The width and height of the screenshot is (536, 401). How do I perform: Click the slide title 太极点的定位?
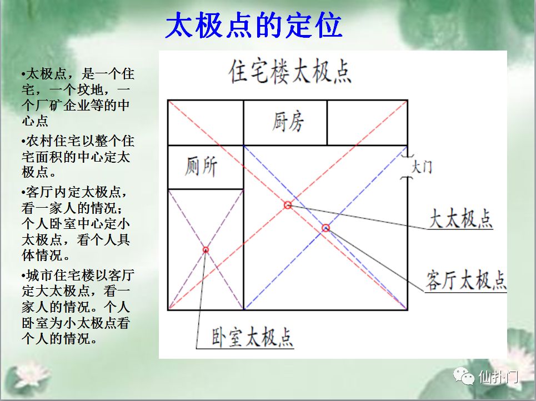point(253,25)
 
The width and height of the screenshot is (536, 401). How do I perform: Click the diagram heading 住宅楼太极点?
point(290,72)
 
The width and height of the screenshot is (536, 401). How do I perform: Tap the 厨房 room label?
point(288,122)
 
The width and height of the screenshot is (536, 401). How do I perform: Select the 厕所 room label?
point(201,167)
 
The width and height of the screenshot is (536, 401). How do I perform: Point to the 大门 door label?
point(422,167)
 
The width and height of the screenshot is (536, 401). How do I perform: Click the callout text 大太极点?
point(460,218)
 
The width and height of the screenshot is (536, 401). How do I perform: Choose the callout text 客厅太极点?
point(465,280)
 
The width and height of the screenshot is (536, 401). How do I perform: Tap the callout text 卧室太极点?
point(252,338)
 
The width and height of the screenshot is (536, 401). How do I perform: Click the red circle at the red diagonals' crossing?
point(288,205)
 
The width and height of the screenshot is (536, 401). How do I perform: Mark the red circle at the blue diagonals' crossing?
point(326,228)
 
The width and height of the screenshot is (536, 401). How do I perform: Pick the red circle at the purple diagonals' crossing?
point(206,250)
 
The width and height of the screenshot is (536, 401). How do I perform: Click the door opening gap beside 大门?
point(407,167)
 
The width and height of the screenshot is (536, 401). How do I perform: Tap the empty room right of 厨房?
point(367,122)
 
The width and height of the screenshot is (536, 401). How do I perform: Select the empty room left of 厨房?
point(206,122)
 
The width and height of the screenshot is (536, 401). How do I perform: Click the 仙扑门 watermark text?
point(498,377)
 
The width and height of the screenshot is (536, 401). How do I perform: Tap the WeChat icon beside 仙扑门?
point(464,376)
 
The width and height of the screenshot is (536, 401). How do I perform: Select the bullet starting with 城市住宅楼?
point(78,307)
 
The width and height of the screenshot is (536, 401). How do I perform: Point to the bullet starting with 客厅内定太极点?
point(76,224)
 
